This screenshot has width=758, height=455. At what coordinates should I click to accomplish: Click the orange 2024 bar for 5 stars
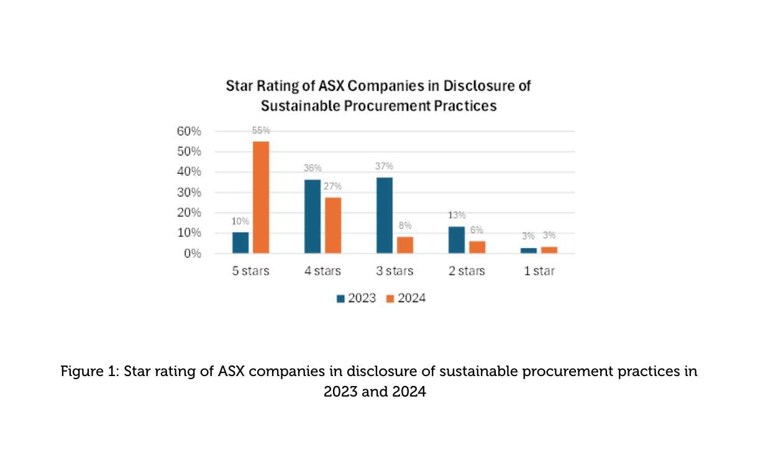(x=261, y=198)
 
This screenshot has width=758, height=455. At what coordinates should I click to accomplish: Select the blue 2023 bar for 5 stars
(x=240, y=242)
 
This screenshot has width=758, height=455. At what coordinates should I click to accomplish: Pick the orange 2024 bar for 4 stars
(x=333, y=225)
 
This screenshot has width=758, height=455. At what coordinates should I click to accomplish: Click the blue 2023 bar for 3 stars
(x=385, y=215)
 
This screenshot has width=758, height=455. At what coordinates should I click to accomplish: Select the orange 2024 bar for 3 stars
(x=405, y=245)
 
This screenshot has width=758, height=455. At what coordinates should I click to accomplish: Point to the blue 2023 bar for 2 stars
(x=457, y=240)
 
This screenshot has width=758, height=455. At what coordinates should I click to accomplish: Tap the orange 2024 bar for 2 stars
(x=477, y=247)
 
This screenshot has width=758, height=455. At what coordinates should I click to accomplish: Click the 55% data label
(x=261, y=131)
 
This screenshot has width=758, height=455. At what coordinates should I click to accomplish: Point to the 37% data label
(x=385, y=167)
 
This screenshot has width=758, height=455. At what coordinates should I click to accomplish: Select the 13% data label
(x=457, y=215)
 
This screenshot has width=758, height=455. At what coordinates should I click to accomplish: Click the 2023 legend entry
(x=356, y=298)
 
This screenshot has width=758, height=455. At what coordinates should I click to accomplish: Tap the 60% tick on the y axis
(x=189, y=131)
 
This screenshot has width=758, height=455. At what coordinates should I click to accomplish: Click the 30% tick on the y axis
(x=189, y=193)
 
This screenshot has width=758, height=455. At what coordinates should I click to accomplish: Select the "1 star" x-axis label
(x=539, y=272)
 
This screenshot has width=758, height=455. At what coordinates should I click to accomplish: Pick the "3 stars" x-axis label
(x=395, y=272)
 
